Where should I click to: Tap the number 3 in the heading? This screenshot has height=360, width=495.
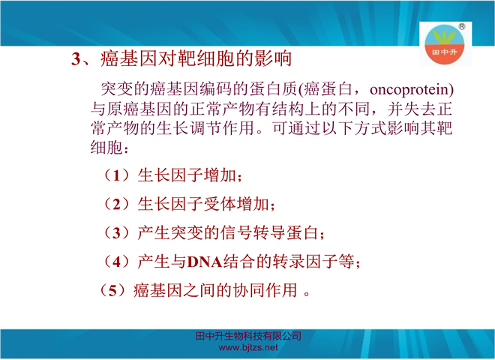[76, 59]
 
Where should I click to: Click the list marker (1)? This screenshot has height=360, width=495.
[116, 175]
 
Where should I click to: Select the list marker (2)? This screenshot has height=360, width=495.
[116, 204]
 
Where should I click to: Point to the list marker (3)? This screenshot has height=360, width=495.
[116, 233]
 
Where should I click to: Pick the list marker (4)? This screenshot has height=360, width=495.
[116, 262]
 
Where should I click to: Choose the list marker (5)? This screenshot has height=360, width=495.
[112, 290]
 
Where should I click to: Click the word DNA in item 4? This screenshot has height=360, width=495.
[205, 262]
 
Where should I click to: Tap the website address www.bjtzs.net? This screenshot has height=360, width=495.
[248, 348]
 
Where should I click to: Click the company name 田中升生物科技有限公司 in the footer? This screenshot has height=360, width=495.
[248, 336]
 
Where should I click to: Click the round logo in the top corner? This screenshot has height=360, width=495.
[444, 44]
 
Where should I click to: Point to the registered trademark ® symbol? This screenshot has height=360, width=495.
[461, 26]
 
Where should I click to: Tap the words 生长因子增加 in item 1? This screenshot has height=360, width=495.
[187, 175]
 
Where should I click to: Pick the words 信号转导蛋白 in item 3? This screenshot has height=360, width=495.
[269, 233]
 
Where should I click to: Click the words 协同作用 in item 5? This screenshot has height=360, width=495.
[265, 290]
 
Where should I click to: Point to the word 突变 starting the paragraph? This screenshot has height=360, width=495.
[117, 89]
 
